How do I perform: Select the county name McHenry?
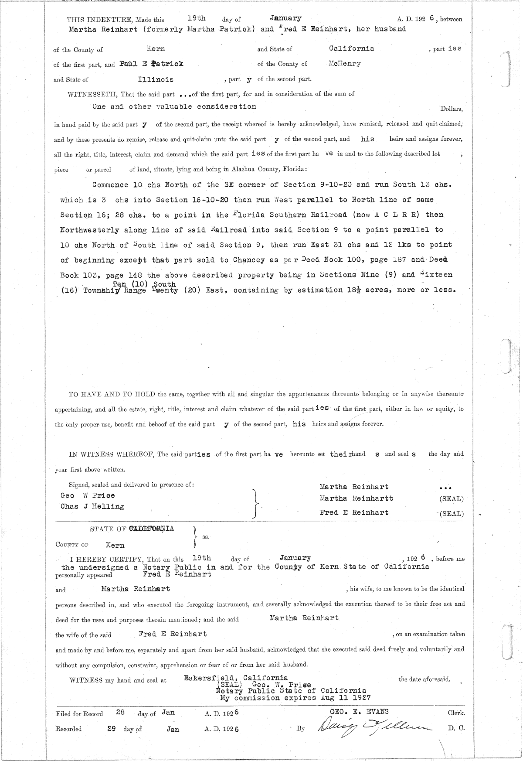point(345,63)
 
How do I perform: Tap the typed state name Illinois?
point(156,79)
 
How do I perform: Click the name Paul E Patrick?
point(150,64)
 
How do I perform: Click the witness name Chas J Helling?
point(92,506)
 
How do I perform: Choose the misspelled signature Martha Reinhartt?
point(356,498)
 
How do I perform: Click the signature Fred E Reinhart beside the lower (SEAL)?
point(354,512)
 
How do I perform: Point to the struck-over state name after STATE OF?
point(151,529)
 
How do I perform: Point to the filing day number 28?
point(121,713)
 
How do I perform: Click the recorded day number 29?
point(112,728)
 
